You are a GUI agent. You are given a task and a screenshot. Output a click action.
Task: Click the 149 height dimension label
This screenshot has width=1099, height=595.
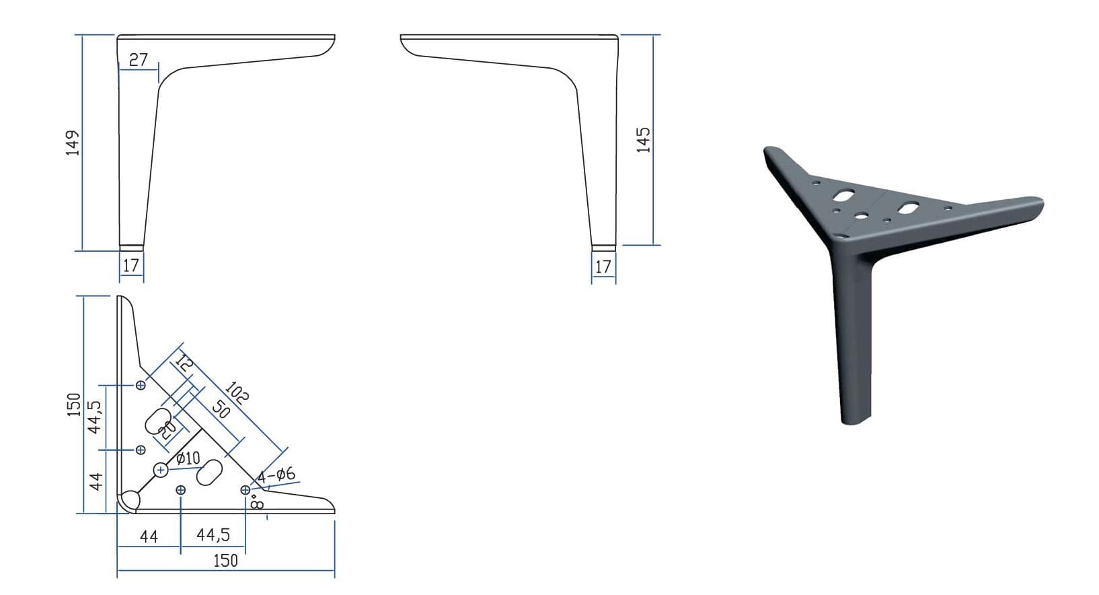pyautogui.click(x=73, y=143)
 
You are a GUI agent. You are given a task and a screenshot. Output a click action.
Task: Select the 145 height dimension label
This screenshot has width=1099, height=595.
pyautogui.click(x=643, y=140)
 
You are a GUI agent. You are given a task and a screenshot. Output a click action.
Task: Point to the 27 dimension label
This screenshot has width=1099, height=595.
pyautogui.click(x=139, y=59)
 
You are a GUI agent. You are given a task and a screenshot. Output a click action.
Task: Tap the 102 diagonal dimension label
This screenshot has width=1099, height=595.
pyautogui.click(x=237, y=392)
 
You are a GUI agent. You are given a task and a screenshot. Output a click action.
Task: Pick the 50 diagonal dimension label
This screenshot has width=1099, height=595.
pyautogui.click(x=221, y=409)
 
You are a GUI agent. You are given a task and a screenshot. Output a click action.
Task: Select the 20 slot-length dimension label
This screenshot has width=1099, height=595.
pyautogui.click(x=167, y=430)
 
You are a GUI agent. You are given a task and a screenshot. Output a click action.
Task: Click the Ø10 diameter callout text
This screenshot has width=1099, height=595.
pyautogui.click(x=188, y=458)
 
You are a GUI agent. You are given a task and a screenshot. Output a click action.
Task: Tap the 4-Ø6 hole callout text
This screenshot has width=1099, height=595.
pyautogui.click(x=276, y=475)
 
